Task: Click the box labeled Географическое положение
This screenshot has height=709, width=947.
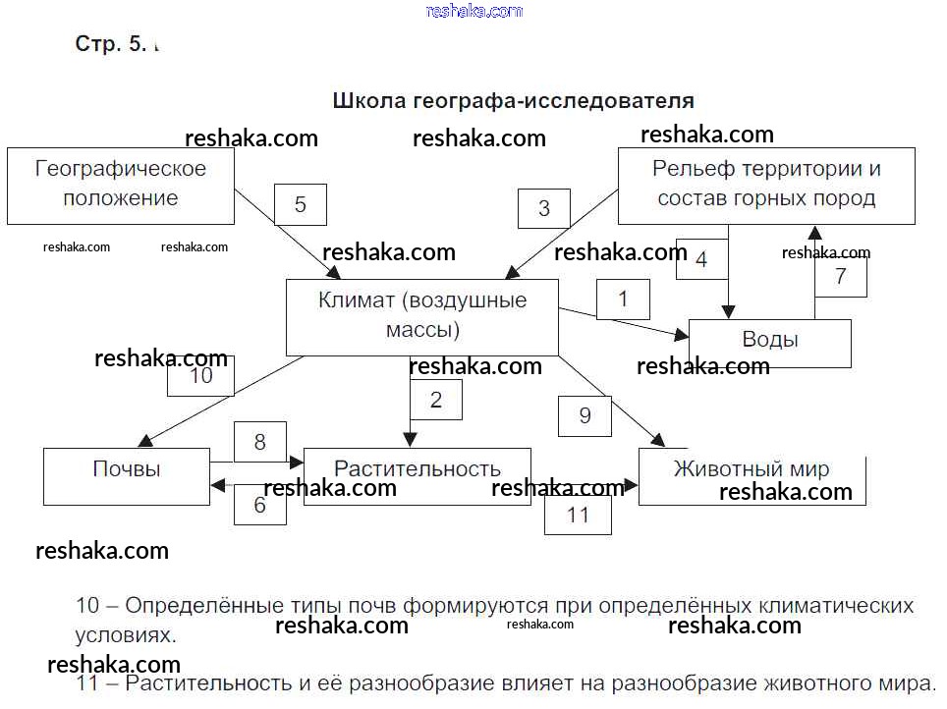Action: click(121, 185)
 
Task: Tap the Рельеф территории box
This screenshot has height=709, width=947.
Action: click(766, 185)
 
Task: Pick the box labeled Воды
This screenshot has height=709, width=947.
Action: click(770, 342)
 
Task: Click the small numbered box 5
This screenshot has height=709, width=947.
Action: click(301, 205)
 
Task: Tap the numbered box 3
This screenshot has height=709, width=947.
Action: click(544, 208)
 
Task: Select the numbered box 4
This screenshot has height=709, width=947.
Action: click(701, 259)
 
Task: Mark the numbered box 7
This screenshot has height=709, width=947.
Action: click(840, 277)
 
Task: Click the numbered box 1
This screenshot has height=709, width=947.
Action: click(623, 299)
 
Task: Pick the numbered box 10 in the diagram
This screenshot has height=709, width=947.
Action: click(200, 376)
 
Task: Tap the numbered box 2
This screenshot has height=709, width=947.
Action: click(436, 400)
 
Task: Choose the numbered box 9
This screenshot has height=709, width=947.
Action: click(585, 415)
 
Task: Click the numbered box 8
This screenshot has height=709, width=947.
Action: click(259, 442)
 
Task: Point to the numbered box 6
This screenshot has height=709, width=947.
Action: click(259, 505)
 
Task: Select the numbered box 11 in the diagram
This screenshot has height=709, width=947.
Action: click(578, 515)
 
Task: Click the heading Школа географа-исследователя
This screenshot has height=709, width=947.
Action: click(514, 101)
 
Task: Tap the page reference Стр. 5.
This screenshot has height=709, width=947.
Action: click(111, 45)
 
